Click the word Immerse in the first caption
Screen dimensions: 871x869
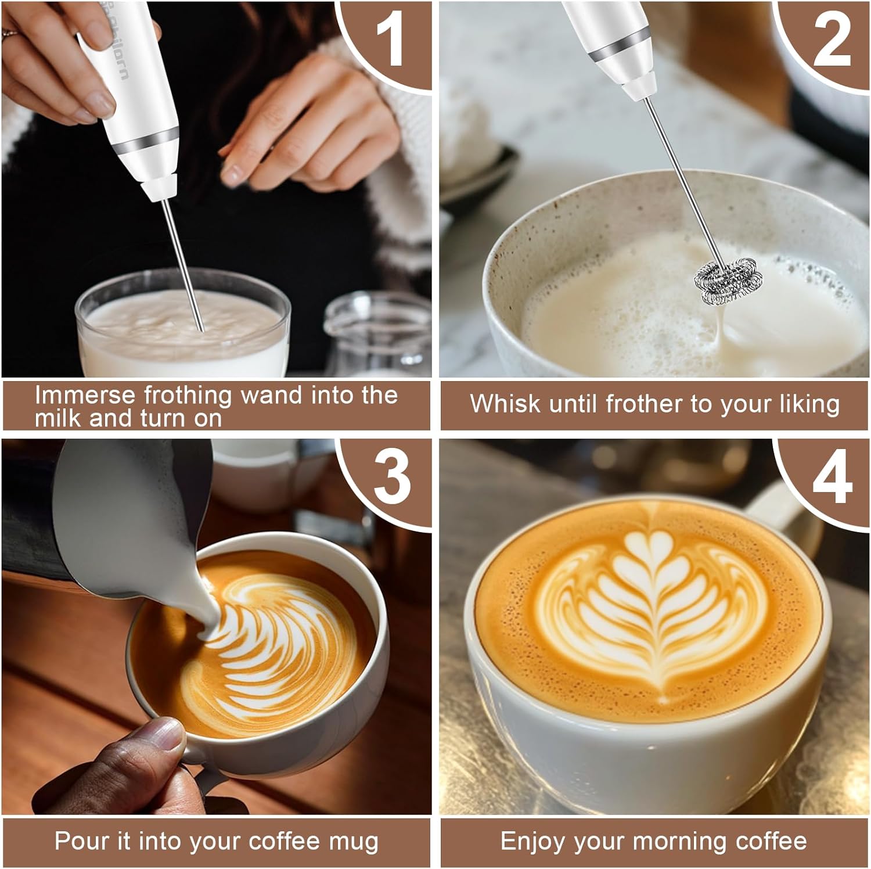[x=85, y=395]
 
